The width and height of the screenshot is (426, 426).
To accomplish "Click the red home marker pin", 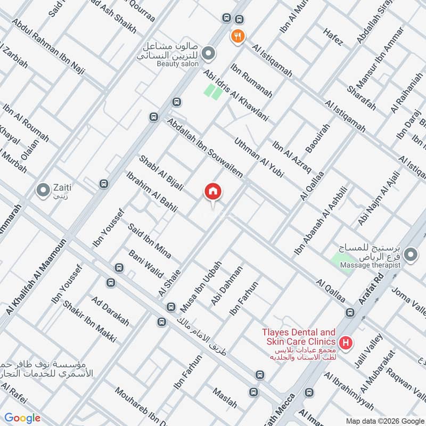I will pyautogui.click(x=213, y=192).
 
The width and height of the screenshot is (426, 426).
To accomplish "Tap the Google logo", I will pyautogui.click(x=22, y=418).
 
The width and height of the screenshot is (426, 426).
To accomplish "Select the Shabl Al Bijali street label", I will pyautogui.click(x=161, y=173).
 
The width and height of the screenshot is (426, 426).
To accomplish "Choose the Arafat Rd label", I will pyautogui.click(x=371, y=290).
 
